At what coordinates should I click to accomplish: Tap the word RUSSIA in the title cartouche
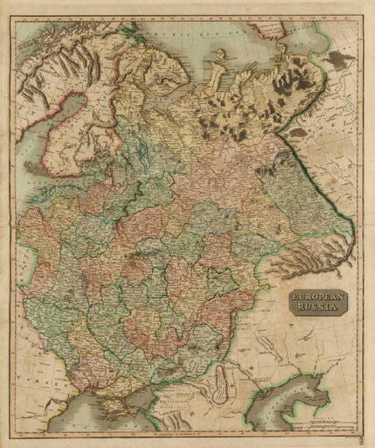pyautogui.click(x=317, y=309)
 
